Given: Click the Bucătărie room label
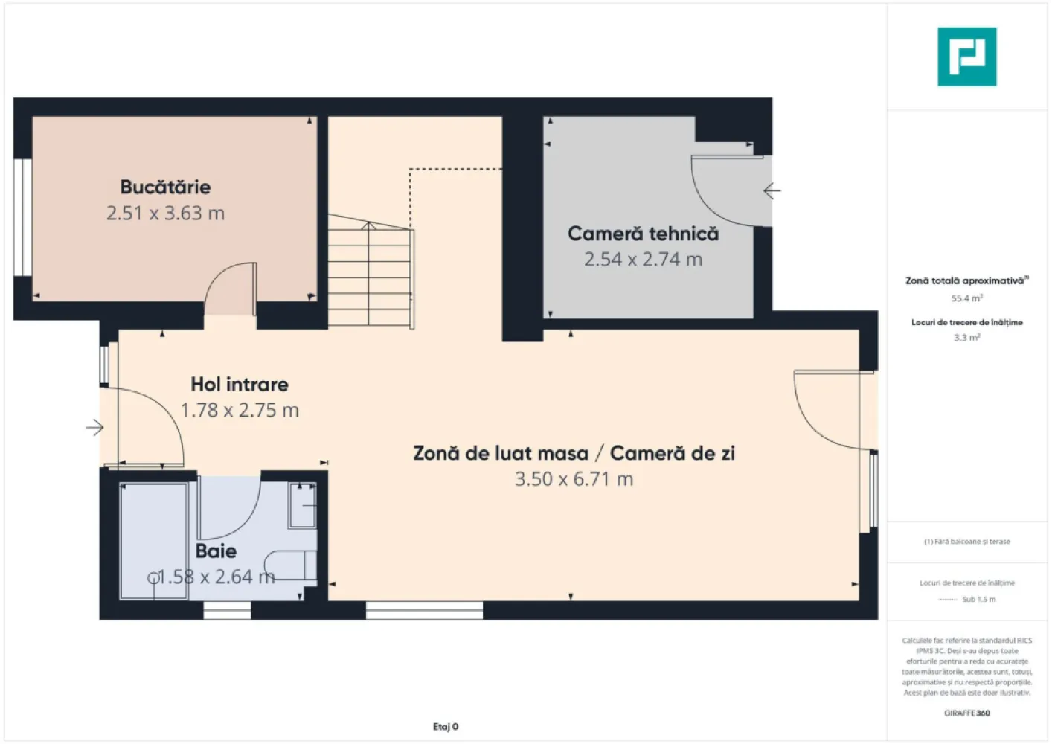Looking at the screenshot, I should coord(165,187).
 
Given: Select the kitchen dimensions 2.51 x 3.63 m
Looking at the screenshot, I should coord(165,214).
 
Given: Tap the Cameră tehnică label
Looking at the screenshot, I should coord(643,234).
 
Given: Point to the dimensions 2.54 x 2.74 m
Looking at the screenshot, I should coord(643,260).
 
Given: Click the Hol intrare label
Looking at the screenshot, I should coord(240,385).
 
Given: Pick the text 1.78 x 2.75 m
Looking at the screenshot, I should coord(240,411).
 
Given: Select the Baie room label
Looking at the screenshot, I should coord(216,551).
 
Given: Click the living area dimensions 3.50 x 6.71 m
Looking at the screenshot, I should coord(574,479).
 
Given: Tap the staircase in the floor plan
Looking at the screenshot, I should coord(370,272).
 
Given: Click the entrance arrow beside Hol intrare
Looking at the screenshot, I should coord(94,427).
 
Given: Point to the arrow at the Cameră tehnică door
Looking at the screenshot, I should coord(772,191).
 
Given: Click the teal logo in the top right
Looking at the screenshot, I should coord(966,57).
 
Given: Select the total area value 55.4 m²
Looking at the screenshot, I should coord(966,298).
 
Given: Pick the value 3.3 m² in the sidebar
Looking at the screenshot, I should coord(966,338).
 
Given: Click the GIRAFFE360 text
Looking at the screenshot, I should coord(966,713).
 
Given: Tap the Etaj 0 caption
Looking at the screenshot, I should coord(446,727).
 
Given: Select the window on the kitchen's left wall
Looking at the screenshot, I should coord(22,217).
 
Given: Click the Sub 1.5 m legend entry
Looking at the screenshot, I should coord(978,600).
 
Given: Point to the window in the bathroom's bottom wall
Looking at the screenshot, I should coord(228,611).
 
